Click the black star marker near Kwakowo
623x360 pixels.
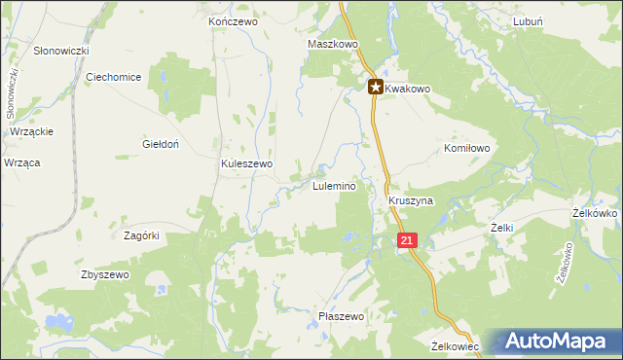[375, 87]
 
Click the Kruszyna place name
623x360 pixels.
[410, 200]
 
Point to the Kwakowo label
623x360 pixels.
[407, 88]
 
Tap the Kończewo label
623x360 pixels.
[232, 20]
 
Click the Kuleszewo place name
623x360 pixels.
[246, 164]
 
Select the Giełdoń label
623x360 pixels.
[158, 143]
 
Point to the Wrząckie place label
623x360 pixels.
[32, 131]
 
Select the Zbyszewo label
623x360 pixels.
[105, 275]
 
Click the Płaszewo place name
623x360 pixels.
[341, 316]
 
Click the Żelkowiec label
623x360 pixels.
[456, 345]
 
